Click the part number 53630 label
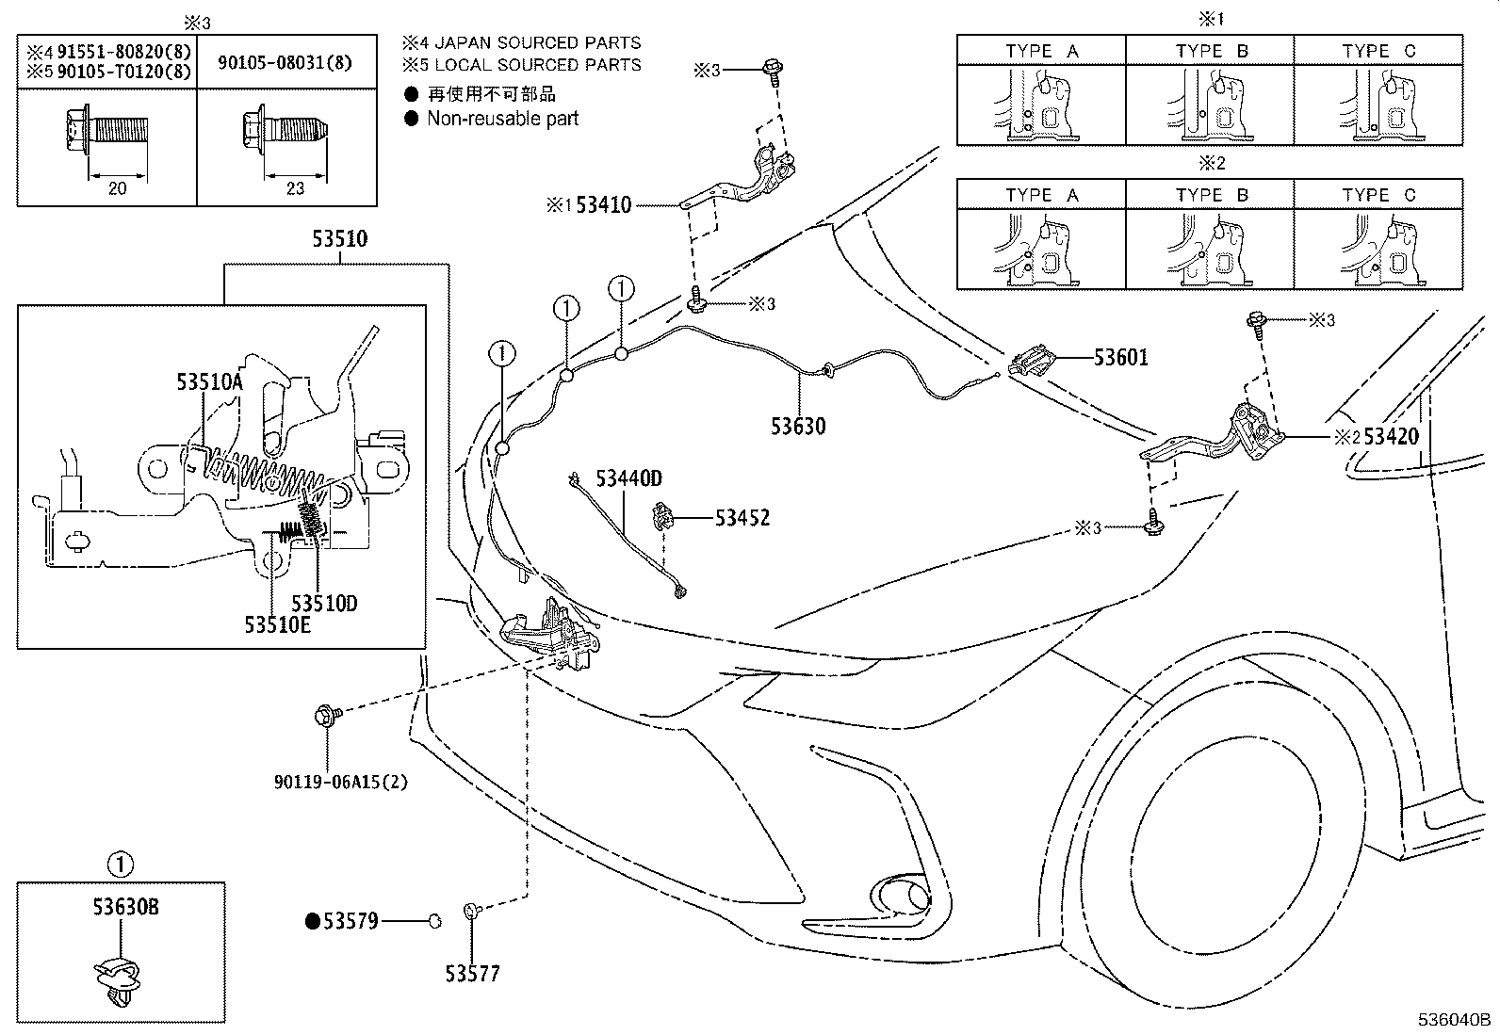[x=798, y=427]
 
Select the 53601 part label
[x=1120, y=358]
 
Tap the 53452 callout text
[x=742, y=518]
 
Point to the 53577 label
[x=473, y=974]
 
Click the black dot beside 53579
[x=312, y=921]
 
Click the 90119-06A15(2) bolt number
[x=341, y=782]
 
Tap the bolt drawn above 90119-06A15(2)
[x=327, y=717]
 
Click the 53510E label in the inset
[x=277, y=623]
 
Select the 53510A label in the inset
[x=209, y=381]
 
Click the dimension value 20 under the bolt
[x=117, y=188]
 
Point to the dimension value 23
[x=295, y=188]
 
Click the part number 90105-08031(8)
[x=285, y=62]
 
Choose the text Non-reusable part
[x=502, y=119]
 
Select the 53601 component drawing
[x=1031, y=362]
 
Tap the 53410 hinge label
[x=603, y=204]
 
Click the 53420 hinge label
[x=1391, y=436]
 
